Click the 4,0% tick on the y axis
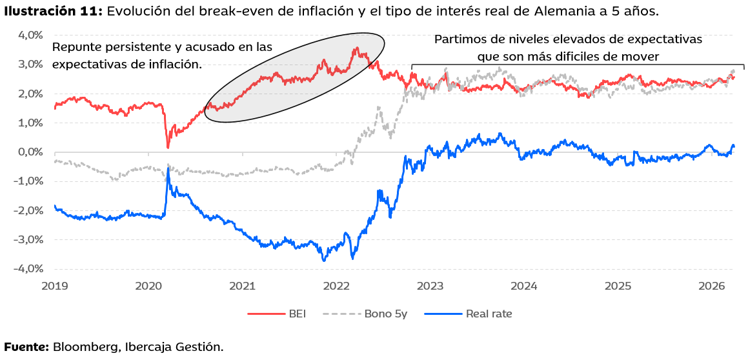click(30, 35)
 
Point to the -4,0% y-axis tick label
click(28, 269)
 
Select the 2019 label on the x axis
click(55, 285)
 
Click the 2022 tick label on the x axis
click(336, 285)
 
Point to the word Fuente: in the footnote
click(26, 347)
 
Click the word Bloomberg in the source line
click(84, 347)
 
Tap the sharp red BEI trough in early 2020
click(168, 147)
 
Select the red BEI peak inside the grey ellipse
click(356, 48)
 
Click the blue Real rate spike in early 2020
click(168, 168)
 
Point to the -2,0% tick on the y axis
click(28, 210)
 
